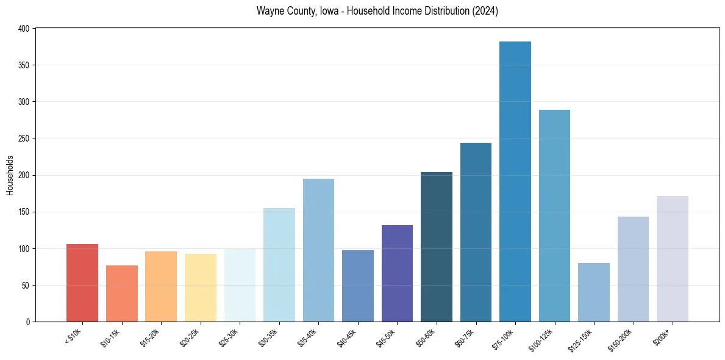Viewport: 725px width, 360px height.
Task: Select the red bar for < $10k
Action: [x=82, y=283]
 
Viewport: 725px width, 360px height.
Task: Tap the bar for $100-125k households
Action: [x=554, y=216]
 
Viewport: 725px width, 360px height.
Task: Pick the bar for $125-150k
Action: [x=594, y=292]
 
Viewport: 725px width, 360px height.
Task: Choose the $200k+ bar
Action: [x=673, y=259]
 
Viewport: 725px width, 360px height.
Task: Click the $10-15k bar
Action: [x=122, y=293]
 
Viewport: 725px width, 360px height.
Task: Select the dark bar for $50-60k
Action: [x=437, y=247]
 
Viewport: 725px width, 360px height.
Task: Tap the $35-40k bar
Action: [x=318, y=250]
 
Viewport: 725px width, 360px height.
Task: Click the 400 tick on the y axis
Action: [x=24, y=29]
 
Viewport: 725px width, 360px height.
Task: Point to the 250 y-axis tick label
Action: [x=24, y=139]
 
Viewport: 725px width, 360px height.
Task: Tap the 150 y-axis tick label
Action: [x=24, y=212]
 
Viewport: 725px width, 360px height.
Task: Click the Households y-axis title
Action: [x=10, y=175]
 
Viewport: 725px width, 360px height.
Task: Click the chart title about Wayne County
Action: [x=377, y=11]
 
